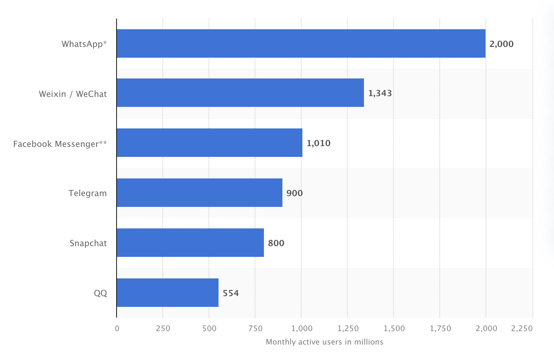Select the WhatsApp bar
(301, 43)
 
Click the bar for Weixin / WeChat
(240, 93)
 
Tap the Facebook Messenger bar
(209, 143)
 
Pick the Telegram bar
(199, 193)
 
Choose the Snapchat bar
(190, 243)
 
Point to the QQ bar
(167, 293)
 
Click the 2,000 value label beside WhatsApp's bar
(501, 44)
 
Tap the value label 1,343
(380, 93)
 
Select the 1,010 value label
(319, 143)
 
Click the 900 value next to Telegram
(294, 193)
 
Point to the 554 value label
(231, 293)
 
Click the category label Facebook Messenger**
(60, 144)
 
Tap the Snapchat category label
(88, 243)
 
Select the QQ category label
(100, 293)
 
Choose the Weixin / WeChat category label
(73, 94)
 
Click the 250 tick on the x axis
(163, 328)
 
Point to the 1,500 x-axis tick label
(394, 328)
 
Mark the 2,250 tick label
(522, 328)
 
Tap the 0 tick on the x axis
(117, 328)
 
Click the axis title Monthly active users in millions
(324, 342)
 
